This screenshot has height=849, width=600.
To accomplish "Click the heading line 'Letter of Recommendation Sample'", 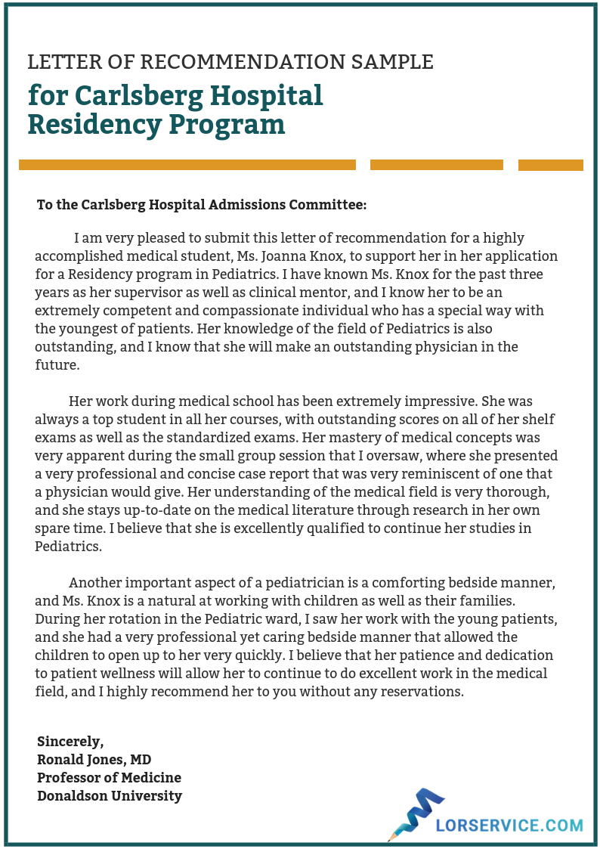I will coord(230,62).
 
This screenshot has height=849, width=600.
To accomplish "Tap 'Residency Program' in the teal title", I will coord(156,124).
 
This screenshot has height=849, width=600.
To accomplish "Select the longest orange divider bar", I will coord(187,165).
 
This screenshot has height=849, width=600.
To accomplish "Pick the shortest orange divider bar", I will coord(550,165).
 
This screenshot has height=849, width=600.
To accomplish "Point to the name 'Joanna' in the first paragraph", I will coord(311,256).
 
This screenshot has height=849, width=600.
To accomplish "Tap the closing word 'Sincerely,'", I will coord(70,741).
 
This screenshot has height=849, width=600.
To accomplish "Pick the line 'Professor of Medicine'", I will coord(109,777).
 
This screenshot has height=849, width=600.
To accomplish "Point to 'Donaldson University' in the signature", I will coord(110,795).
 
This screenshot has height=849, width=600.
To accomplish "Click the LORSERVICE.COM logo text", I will coord(509,826).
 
